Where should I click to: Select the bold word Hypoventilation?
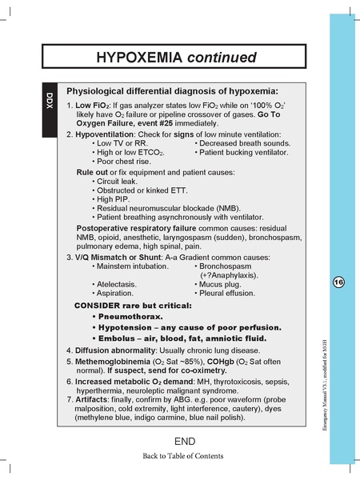pos(106,134)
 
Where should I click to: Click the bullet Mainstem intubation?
pos(133,266)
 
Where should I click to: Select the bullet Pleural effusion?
pos(231,294)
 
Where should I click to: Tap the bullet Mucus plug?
pos(226,283)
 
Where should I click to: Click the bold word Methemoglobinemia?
pos(112,362)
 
